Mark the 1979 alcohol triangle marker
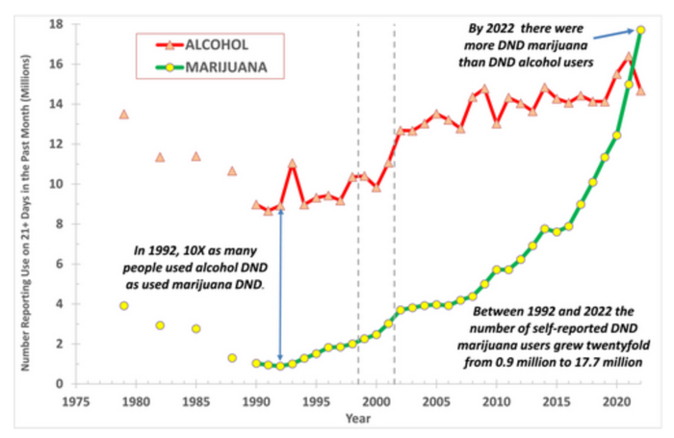124,114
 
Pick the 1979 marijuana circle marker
124,305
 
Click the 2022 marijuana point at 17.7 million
641,30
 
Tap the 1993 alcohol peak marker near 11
292,164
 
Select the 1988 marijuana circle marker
232,358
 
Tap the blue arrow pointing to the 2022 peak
611,35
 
